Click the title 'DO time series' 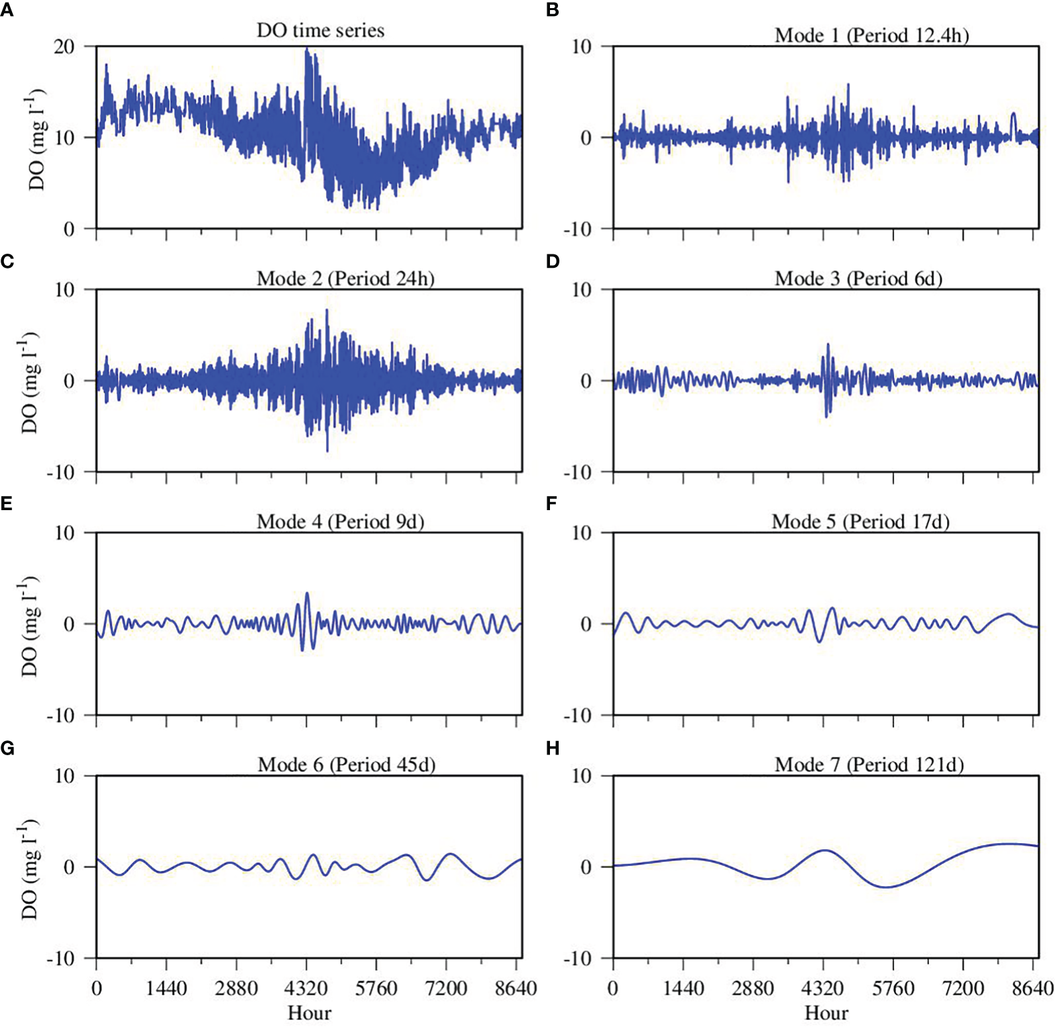point(320,30)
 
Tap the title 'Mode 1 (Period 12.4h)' point(871,35)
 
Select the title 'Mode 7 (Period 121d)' point(869,765)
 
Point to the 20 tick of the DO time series point(65,46)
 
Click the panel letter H point(553,748)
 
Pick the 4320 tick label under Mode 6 point(306,989)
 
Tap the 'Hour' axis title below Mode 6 point(309,1013)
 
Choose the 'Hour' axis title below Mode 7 point(826,1013)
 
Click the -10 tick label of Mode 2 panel point(60,473)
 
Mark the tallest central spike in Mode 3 point(828,345)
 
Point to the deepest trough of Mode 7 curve point(887,887)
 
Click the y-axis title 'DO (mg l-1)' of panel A point(37,138)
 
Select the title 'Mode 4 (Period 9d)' point(340,522)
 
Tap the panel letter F point(552,504)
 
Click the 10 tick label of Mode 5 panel point(581,533)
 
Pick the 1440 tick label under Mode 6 point(166,989)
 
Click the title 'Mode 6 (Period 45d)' point(346,765)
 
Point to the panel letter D point(553,261)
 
